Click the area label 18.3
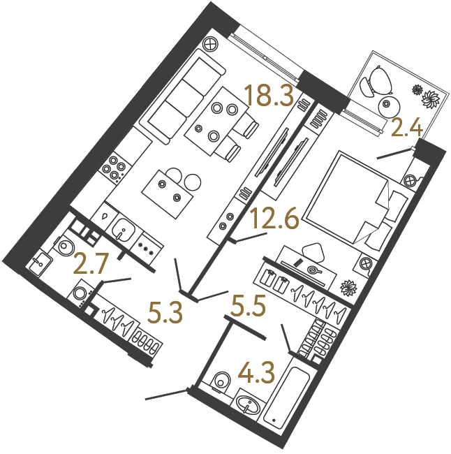pos(268,96)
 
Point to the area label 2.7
pos(93,265)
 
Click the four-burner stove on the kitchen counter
pos(113,167)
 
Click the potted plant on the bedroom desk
pos(347,287)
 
